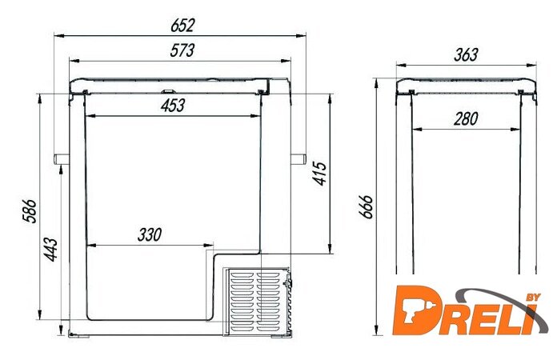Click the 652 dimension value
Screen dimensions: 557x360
pyautogui.click(x=182, y=26)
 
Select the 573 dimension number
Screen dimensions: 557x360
pyautogui.click(x=182, y=50)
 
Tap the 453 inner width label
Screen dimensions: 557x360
pyautogui.click(x=173, y=106)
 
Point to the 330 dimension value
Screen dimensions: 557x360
pyautogui.click(x=150, y=234)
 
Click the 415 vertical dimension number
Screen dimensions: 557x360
pyautogui.click(x=319, y=174)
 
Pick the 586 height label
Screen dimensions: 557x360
pyautogui.click(x=30, y=211)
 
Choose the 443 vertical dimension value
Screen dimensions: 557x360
pyautogui.click(x=50, y=250)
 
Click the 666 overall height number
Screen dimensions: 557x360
pyautogui.click(x=366, y=206)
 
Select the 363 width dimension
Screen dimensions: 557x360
pyautogui.click(x=466, y=54)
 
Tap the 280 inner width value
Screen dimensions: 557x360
pyautogui.click(x=466, y=118)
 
